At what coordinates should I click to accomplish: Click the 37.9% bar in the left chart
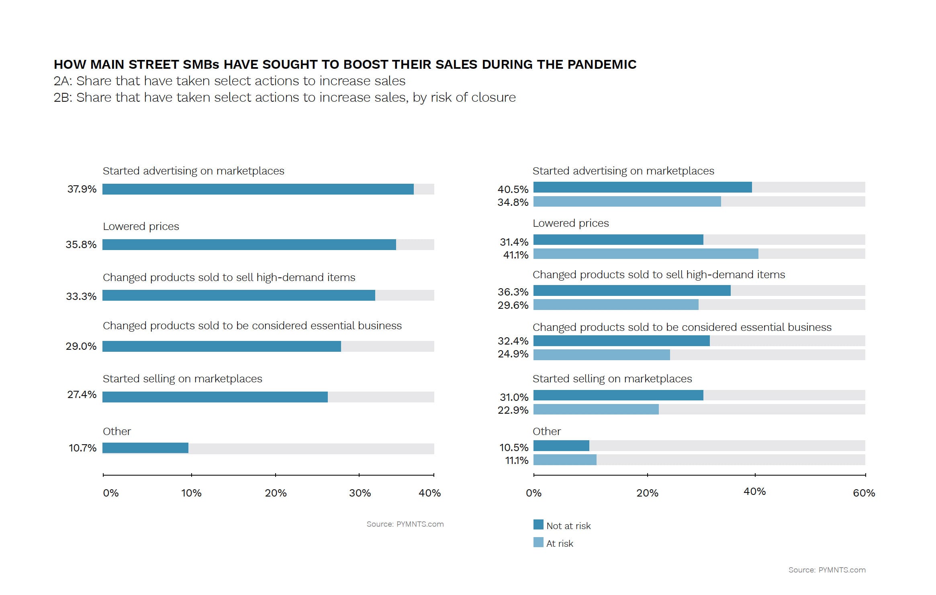pos(258,189)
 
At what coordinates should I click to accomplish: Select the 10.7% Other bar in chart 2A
pos(145,448)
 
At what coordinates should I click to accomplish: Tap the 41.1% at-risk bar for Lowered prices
pos(646,254)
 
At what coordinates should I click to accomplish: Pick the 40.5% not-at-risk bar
pos(642,187)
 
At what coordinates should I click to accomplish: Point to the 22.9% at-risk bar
pos(596,409)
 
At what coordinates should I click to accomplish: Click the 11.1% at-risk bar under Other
pos(565,460)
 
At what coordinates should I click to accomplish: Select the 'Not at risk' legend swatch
pos(538,525)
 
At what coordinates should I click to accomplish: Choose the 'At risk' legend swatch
pos(538,542)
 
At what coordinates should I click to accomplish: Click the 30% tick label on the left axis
pos(360,493)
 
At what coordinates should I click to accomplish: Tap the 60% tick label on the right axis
pos(864,493)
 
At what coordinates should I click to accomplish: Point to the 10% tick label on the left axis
pos(191,493)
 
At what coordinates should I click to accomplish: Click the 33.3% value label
pos(81,297)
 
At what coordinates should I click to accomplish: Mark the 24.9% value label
pos(513,354)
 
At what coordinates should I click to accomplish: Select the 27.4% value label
pos(82,395)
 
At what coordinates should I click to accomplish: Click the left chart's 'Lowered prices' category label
pos(141,226)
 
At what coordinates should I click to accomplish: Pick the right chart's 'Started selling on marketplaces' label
pos(612,379)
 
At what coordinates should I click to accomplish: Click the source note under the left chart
pos(405,524)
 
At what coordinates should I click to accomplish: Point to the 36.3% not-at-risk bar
pos(631,291)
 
